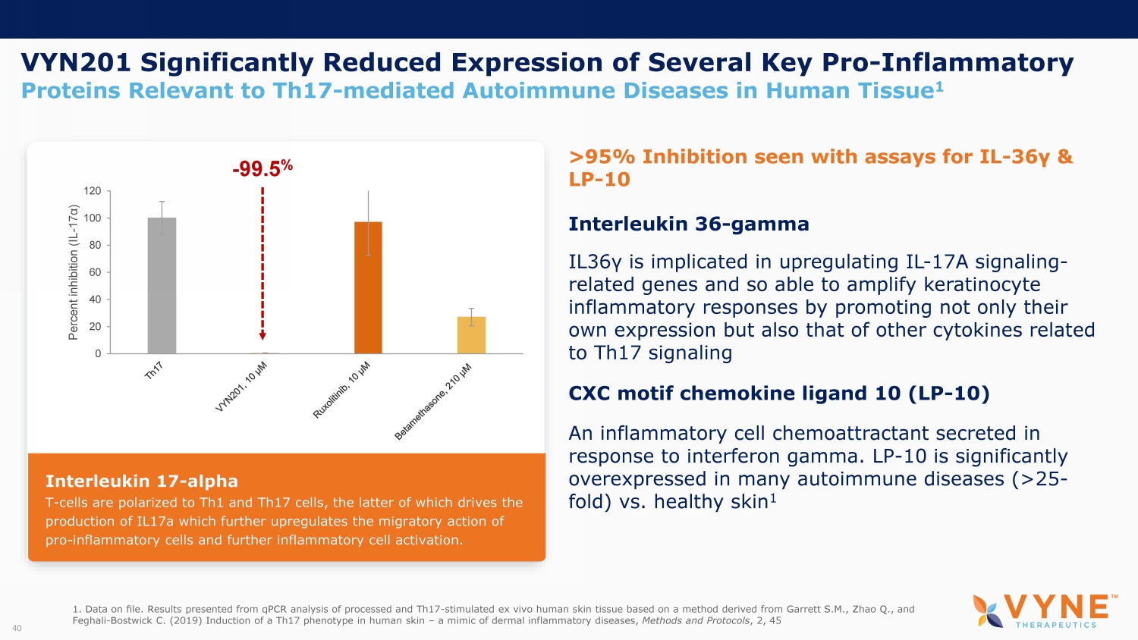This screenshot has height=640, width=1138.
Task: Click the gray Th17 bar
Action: (x=162, y=285)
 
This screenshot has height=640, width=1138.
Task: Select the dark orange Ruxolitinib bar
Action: (x=368, y=287)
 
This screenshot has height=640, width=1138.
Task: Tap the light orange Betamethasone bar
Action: (x=471, y=335)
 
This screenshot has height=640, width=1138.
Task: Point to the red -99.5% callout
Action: (x=262, y=168)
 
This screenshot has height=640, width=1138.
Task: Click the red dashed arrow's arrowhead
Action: (x=262, y=335)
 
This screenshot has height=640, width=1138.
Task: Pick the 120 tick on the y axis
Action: (x=92, y=191)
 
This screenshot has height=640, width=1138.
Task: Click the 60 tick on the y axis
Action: (x=95, y=272)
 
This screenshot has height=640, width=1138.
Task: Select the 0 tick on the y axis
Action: (x=98, y=353)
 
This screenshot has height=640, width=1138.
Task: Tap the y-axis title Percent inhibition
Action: (x=74, y=272)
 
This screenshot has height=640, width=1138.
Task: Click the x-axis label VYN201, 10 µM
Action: (x=242, y=387)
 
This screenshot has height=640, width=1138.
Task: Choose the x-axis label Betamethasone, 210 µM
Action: (x=433, y=401)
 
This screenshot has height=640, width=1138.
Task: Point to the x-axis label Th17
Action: (x=154, y=370)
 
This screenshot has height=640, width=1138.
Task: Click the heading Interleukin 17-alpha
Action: (x=142, y=481)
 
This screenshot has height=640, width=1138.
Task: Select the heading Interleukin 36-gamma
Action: (x=688, y=224)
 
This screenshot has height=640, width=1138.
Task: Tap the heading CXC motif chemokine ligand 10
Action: (x=778, y=393)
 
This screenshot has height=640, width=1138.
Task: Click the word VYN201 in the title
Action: (x=76, y=62)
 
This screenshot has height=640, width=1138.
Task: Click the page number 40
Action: (x=17, y=628)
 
